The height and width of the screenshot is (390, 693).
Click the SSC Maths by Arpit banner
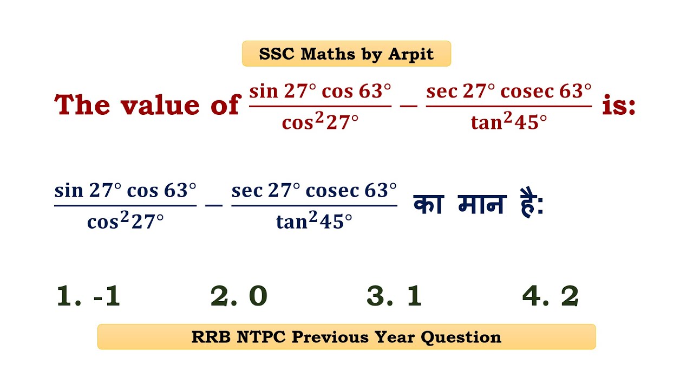pyautogui.click(x=346, y=54)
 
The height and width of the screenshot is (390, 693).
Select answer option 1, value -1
pyautogui.click(x=88, y=296)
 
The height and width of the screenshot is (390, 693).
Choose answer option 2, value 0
pyautogui.click(x=239, y=296)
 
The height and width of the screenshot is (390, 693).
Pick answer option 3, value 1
pyautogui.click(x=394, y=296)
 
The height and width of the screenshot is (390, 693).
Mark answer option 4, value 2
pyautogui.click(x=550, y=296)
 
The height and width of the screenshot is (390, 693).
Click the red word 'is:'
pyautogui.click(x=618, y=105)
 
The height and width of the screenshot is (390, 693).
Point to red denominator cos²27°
pyautogui.click(x=320, y=123)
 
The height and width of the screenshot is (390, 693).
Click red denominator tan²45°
pyautogui.click(x=508, y=123)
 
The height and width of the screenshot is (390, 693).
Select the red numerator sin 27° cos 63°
pyautogui.click(x=320, y=91)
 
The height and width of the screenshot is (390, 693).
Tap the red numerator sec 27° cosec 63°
pyautogui.click(x=508, y=91)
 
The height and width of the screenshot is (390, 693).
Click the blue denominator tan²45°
pyautogui.click(x=314, y=222)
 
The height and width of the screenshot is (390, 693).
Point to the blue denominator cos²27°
pyautogui.click(x=125, y=222)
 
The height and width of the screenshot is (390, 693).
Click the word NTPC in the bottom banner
pyautogui.click(x=262, y=337)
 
